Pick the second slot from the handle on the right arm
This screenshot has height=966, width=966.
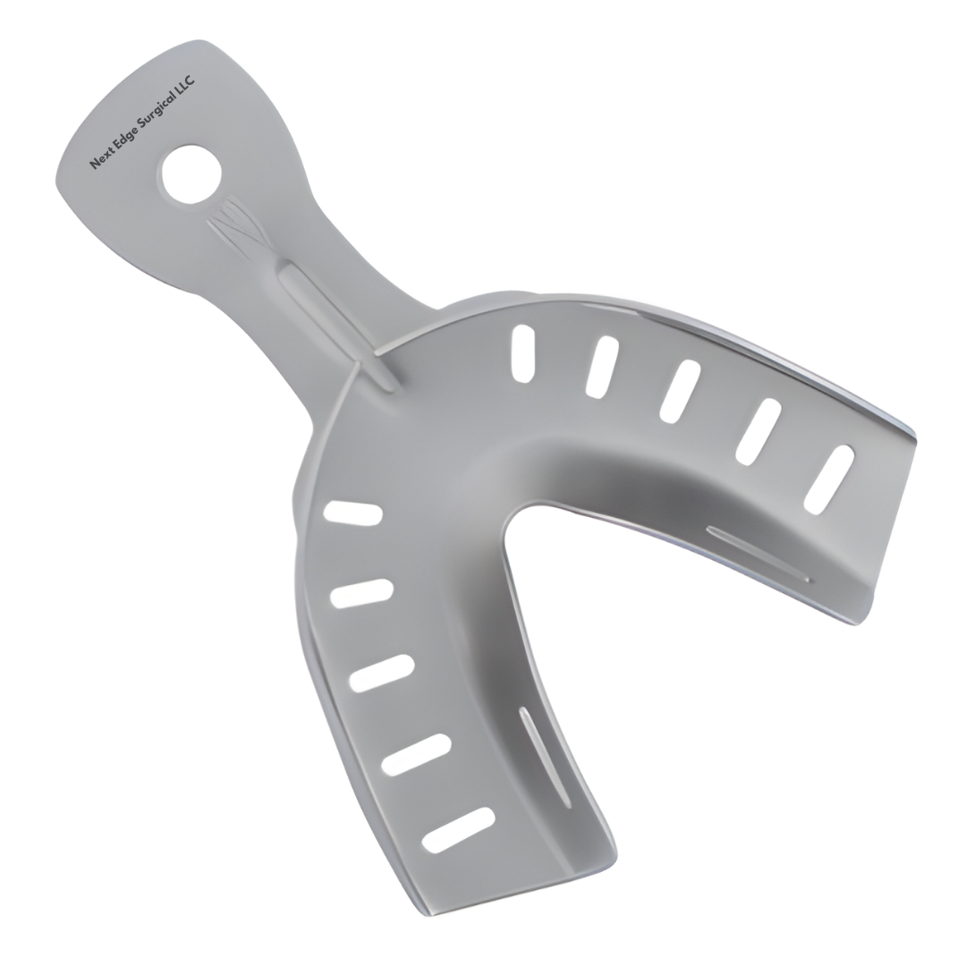[602, 367]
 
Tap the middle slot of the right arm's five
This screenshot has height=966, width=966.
[680, 391]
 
